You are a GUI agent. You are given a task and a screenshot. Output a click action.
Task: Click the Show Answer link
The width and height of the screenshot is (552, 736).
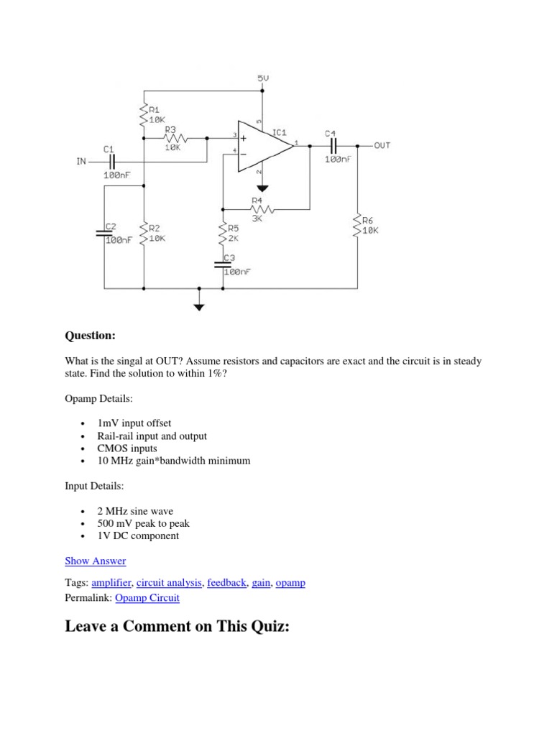click(96, 561)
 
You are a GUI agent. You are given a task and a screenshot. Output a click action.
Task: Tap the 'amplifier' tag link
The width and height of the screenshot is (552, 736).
click(111, 582)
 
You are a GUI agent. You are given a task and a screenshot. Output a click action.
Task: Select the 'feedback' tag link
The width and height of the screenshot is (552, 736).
click(226, 582)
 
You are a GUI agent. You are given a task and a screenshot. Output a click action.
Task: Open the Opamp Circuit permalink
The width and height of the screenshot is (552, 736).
click(147, 597)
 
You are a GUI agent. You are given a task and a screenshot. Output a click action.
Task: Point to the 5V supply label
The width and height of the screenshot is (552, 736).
click(263, 78)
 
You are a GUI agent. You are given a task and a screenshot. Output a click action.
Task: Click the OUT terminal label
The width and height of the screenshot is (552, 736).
click(382, 145)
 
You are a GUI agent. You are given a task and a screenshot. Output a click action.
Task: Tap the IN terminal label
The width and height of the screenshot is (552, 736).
click(81, 162)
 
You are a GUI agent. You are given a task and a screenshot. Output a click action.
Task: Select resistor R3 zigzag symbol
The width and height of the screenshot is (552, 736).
click(175, 139)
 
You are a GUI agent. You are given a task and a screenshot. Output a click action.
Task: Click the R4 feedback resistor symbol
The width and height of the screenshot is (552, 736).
click(262, 209)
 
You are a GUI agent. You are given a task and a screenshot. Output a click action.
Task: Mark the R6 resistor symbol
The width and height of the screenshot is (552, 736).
click(358, 224)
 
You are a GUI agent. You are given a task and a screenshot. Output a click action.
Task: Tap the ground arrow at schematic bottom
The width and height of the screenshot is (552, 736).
click(200, 307)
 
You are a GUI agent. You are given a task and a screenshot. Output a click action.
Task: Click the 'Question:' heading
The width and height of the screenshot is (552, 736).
click(90, 336)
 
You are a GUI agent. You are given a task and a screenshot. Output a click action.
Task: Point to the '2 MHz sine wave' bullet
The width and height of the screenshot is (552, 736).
click(135, 511)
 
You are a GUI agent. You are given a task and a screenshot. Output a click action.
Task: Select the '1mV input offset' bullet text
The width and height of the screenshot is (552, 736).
click(134, 423)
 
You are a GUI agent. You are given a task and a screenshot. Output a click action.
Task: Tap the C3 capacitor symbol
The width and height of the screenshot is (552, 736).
click(223, 264)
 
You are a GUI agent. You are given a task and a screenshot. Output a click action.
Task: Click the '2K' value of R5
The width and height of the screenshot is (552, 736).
click(234, 238)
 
